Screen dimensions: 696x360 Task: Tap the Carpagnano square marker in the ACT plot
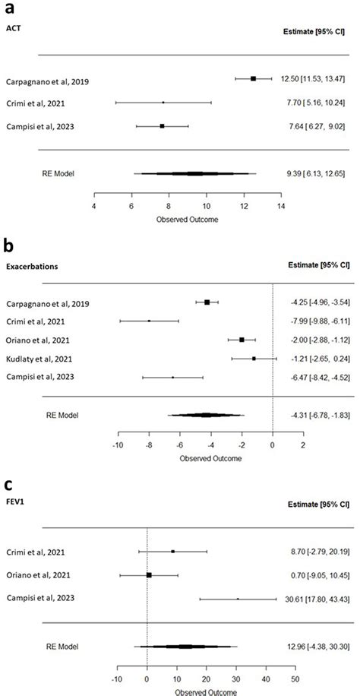(254, 78)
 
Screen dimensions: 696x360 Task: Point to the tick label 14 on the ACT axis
(281, 206)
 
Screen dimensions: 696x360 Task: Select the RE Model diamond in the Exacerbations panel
(206, 415)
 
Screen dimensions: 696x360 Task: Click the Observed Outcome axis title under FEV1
(210, 691)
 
